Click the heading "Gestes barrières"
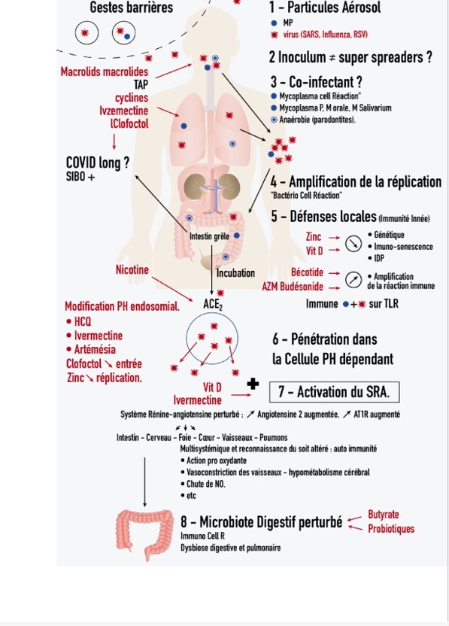pyautogui.click(x=132, y=8)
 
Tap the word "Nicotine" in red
pyautogui.click(x=132, y=270)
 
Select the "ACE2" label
pyautogui.click(x=213, y=304)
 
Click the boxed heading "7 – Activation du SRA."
pyautogui.click(x=334, y=392)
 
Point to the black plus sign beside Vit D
pyautogui.click(x=253, y=384)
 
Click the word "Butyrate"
pyautogui.click(x=383, y=515)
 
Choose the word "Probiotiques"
pyautogui.click(x=391, y=529)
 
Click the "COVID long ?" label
pyautogui.click(x=98, y=163)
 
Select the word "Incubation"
pyautogui.click(x=235, y=273)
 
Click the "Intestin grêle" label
pyautogui.click(x=209, y=236)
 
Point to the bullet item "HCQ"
pyautogui.click(x=79, y=321)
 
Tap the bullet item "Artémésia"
pyautogui.click(x=92, y=349)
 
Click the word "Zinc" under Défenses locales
pyautogui.click(x=314, y=237)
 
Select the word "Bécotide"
pyautogui.click(x=307, y=272)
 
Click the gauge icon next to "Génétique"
pyautogui.click(x=353, y=244)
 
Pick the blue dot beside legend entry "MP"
pyautogui.click(x=274, y=23)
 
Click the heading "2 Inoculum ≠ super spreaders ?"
pyautogui.click(x=350, y=57)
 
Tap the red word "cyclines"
pyautogui.click(x=132, y=98)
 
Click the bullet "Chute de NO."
pyautogui.click(x=203, y=484)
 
